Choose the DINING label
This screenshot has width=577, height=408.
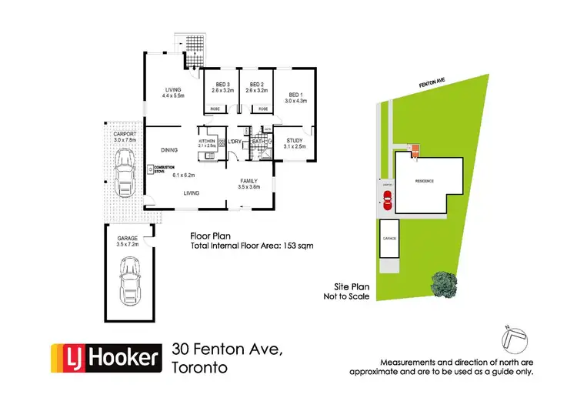click(169, 150)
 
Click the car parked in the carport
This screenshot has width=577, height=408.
click(123, 172)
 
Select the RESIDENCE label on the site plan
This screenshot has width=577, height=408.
click(425, 181)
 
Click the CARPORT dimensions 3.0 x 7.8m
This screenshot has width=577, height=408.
click(123, 140)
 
